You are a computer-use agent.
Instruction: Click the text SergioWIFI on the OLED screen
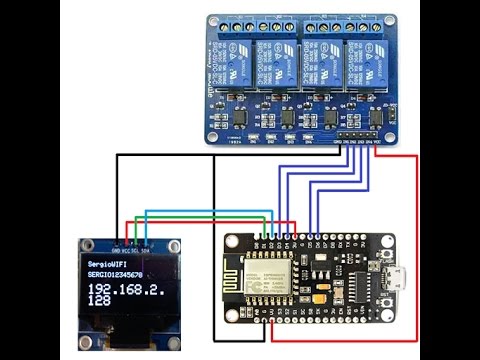(108, 259)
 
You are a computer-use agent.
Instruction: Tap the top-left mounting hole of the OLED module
(83, 244)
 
